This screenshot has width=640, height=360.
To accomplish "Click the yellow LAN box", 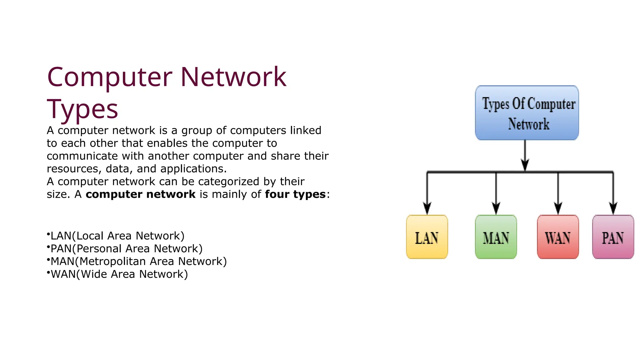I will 427,237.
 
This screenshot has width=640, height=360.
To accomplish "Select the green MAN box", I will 496,237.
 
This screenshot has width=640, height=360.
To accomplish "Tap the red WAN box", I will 558,237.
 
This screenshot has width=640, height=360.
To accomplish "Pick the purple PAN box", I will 613,237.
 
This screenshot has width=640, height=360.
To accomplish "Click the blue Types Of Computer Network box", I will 527,113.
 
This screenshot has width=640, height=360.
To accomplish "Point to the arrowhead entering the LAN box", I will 427,208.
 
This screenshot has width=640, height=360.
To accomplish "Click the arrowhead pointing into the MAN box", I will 496,208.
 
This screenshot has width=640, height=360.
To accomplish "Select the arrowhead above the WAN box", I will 558,208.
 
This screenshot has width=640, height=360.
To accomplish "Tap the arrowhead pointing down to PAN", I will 613,208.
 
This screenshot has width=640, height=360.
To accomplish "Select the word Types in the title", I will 82,109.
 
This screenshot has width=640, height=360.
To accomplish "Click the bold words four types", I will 295,194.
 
